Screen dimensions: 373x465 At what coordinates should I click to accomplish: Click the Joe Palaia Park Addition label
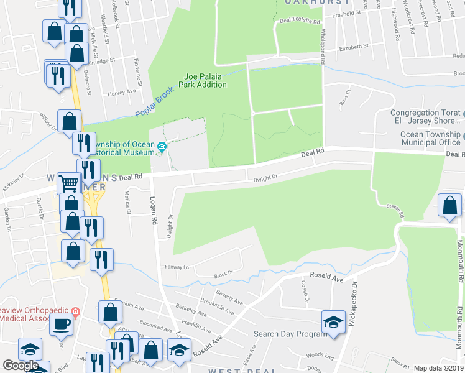click(x=205, y=81)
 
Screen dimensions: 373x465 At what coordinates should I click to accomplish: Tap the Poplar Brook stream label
click(x=155, y=101)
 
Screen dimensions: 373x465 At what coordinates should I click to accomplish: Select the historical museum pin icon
click(x=162, y=147)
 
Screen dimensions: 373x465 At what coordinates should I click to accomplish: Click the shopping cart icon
click(x=68, y=183)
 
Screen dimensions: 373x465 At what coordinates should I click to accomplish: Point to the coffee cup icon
click(x=62, y=324)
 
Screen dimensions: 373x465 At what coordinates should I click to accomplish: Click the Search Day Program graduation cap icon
click(x=333, y=321)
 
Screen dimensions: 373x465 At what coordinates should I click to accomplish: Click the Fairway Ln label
click(x=177, y=267)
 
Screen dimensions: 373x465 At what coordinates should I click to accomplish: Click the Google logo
click(x=21, y=366)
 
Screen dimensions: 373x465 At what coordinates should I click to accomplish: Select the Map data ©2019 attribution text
click(x=438, y=368)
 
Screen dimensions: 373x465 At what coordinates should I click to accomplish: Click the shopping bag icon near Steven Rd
click(x=449, y=206)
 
